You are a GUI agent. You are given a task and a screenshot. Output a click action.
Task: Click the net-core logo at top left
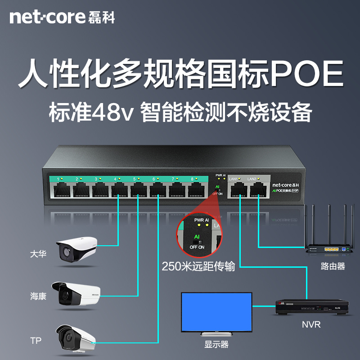click(62, 17)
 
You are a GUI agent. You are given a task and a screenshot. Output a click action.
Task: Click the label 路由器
click(333, 266)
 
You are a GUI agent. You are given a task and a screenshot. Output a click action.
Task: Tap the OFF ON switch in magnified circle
click(197, 243)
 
